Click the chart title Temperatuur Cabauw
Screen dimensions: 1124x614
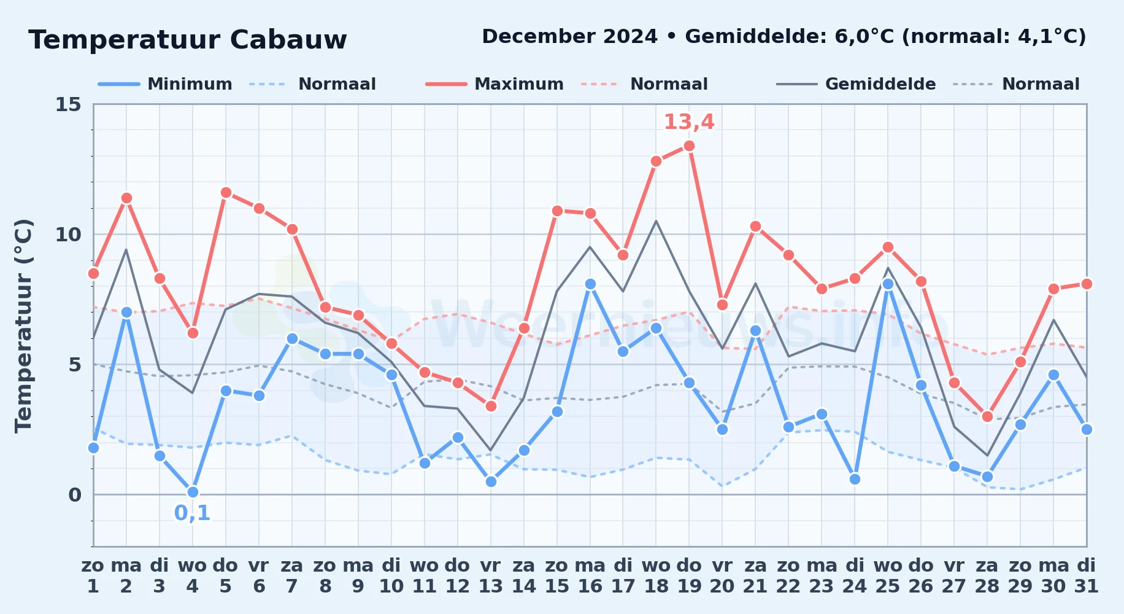pos(188,40)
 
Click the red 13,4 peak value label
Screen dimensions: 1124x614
pos(689,122)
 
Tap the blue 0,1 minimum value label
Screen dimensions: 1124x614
pos(193,513)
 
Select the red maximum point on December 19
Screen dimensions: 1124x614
pos(689,146)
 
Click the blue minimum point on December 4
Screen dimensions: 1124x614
pos(193,492)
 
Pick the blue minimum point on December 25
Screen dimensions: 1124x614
pos(888,284)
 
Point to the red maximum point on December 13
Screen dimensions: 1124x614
pos(491,406)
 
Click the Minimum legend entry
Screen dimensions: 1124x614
pos(165,84)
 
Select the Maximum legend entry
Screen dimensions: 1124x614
pos(495,84)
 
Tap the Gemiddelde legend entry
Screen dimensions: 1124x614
pos(856,84)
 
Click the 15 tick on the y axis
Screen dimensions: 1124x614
pos(68,104)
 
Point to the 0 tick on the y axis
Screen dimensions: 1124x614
pos(75,495)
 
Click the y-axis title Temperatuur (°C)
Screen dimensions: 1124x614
pos(23,325)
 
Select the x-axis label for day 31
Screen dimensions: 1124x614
pos(1086,575)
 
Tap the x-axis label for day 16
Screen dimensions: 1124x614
pos(590,575)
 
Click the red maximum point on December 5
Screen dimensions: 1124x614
pos(226,193)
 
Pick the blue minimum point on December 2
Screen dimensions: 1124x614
pos(126,313)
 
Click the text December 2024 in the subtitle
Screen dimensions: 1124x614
pos(570,37)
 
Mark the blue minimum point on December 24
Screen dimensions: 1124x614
pos(855,480)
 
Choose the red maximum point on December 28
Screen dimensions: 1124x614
pos(987,417)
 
